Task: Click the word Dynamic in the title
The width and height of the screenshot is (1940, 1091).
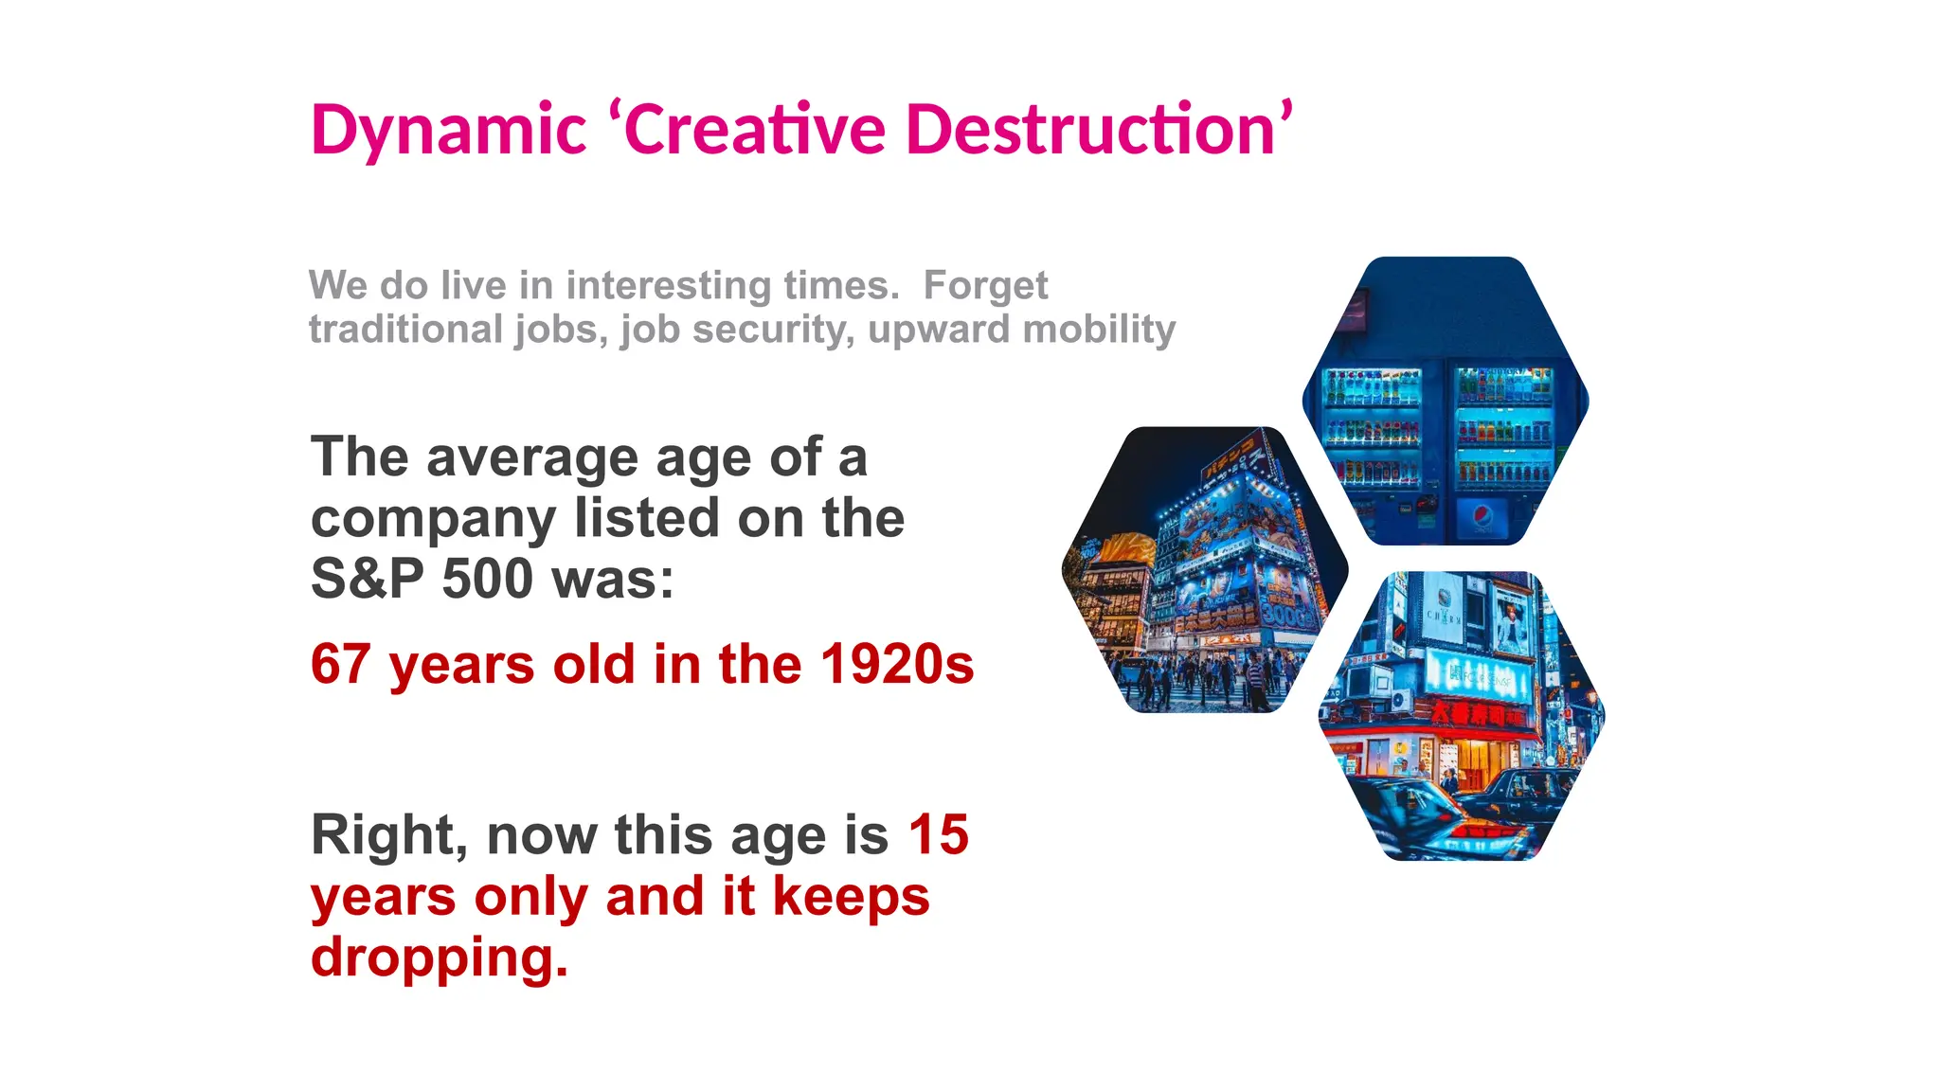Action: (x=448, y=131)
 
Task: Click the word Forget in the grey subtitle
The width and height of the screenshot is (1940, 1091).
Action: (x=985, y=285)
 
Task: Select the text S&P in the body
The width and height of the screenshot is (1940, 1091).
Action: (x=368, y=579)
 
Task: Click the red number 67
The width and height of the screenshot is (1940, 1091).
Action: (x=341, y=664)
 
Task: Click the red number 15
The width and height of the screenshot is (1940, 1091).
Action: (x=938, y=835)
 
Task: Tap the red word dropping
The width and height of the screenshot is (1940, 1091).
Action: (x=439, y=957)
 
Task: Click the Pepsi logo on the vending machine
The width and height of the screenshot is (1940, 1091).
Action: (x=1482, y=518)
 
